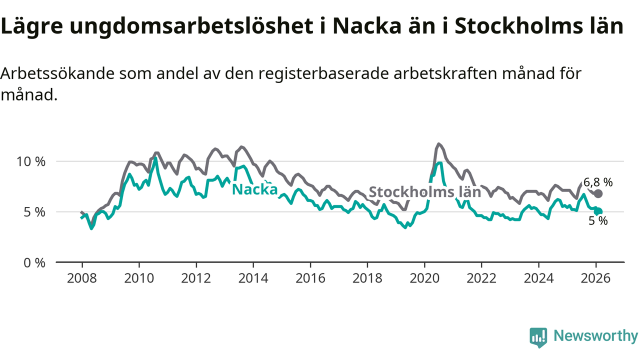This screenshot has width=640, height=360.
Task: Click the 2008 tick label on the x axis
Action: click(82, 277)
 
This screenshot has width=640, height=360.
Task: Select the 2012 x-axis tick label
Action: click(196, 277)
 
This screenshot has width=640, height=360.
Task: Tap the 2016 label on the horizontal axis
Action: click(310, 277)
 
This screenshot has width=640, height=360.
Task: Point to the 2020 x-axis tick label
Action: click(424, 277)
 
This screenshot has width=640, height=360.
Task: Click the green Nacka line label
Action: click(255, 189)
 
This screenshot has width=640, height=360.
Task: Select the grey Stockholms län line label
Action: click(424, 192)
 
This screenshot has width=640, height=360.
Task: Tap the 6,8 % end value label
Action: click(597, 182)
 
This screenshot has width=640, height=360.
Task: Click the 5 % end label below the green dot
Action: click(598, 221)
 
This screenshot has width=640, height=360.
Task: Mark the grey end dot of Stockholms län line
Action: click(598, 193)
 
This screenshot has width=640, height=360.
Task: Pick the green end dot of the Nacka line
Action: click(598, 211)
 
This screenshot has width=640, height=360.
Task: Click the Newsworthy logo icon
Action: click(538, 337)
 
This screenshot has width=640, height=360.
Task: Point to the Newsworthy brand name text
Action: click(595, 336)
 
